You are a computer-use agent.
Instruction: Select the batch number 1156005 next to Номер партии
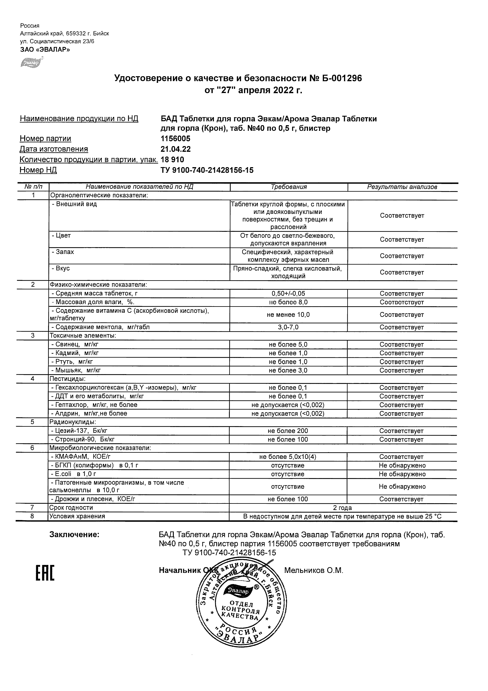[176, 139]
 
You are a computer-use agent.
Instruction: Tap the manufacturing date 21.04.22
[176, 149]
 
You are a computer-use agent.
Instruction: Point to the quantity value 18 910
[173, 159]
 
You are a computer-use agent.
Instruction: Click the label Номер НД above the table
[38, 170]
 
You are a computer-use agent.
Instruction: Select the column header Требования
[289, 187]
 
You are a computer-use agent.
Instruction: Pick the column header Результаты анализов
[402, 187]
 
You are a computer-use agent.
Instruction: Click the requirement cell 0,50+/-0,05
[288, 294]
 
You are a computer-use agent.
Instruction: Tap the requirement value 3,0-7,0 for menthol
[288, 327]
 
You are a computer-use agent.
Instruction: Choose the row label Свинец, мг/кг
[75, 344]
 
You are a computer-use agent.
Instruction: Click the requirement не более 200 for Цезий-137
[288, 431]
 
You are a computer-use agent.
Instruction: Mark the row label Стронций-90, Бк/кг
[83, 439]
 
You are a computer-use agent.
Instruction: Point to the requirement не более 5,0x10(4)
[288, 457]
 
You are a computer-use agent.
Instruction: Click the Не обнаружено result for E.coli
[402, 474]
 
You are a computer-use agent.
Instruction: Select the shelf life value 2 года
[343, 508]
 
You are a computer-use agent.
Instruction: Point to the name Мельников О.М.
[314, 570]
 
